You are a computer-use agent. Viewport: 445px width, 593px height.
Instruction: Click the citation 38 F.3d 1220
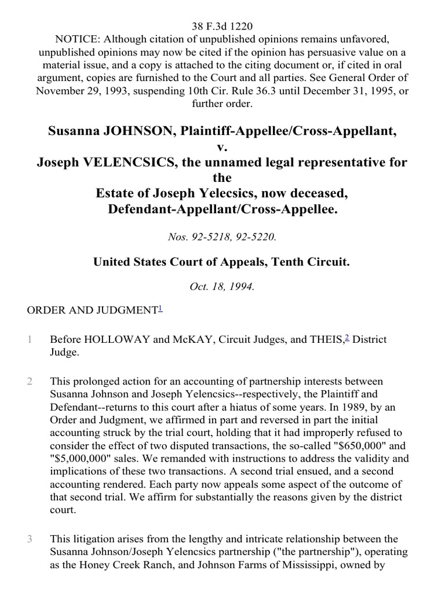point(222,26)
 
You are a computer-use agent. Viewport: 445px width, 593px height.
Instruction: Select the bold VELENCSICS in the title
point(118,162)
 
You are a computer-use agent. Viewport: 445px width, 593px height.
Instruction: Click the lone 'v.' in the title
point(222,148)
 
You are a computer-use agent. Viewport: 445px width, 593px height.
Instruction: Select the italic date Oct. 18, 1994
point(222,287)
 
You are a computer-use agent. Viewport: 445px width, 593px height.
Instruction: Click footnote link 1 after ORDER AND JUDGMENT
point(160,309)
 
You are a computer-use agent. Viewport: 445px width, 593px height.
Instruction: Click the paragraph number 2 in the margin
point(30,382)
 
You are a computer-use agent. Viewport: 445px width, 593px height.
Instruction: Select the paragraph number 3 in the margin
point(30,539)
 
